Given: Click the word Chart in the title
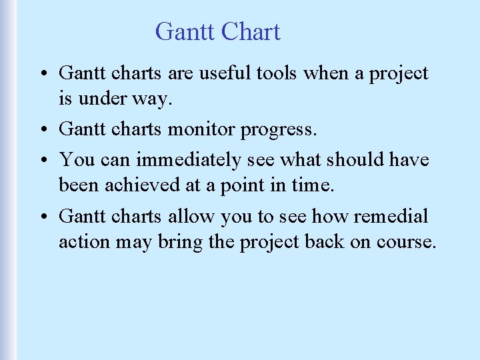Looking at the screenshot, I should point(251,32).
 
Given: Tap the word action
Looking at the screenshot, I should point(84,241).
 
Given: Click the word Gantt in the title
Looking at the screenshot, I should point(184,32).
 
